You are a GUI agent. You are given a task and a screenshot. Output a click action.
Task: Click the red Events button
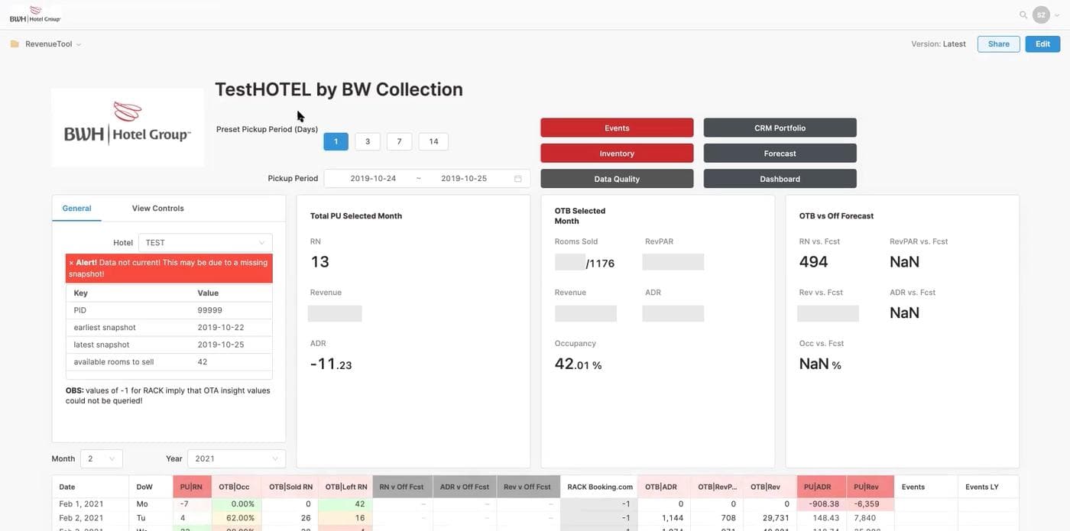pos(617,128)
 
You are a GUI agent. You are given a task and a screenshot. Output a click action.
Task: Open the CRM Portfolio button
pos(780,128)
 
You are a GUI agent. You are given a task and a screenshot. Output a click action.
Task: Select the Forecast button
pos(780,154)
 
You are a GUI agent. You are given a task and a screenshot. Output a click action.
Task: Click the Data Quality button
pos(617,179)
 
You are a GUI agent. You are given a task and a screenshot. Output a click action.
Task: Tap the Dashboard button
pos(780,179)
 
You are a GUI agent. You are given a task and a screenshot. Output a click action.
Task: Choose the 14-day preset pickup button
pos(433,141)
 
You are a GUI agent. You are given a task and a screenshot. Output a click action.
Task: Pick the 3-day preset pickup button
pos(368,141)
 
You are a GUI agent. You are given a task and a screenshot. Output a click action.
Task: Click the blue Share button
pos(998,44)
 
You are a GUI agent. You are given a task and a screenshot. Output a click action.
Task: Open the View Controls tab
pos(157,209)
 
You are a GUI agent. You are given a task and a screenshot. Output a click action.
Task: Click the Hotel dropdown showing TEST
pos(205,243)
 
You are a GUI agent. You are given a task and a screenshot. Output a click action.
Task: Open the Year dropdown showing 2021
pos(236,459)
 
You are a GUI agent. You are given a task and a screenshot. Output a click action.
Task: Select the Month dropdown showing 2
pos(101,459)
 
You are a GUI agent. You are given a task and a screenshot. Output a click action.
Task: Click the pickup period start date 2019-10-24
pos(373,179)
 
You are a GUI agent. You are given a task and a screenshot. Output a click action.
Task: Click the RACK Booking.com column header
pos(599,487)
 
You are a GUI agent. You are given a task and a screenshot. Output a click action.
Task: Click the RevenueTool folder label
pos(48,44)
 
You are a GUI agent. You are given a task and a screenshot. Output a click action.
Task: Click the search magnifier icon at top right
pos(1023,15)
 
